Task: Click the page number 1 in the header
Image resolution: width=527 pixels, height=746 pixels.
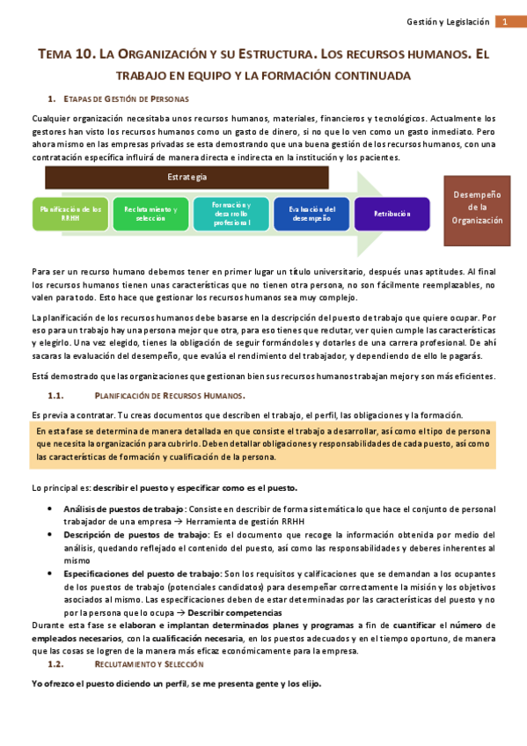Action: click(507, 21)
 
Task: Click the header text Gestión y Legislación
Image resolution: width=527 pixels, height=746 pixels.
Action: click(449, 21)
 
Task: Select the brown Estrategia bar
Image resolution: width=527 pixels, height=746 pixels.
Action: click(187, 177)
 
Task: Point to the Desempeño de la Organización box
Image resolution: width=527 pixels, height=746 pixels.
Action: click(478, 208)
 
